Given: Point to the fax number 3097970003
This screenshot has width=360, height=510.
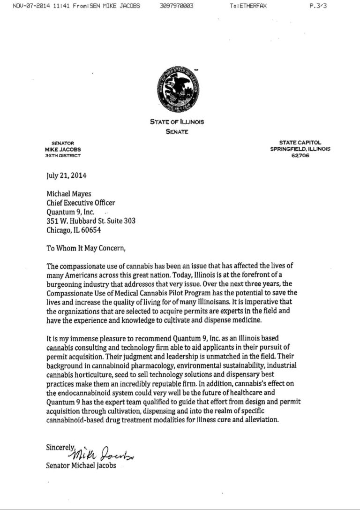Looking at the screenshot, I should coord(176,6).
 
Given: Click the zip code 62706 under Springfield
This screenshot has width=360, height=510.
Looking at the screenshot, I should coord(300,155).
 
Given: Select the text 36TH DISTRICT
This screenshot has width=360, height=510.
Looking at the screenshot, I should coord(63,155).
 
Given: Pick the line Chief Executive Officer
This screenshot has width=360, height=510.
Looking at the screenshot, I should coord(81,203).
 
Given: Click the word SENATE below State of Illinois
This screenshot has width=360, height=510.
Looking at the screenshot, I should coord(177,132).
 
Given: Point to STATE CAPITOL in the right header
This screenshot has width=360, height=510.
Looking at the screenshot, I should coord(300,143).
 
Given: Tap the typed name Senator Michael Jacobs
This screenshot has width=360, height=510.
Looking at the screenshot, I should coord(81,465).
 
